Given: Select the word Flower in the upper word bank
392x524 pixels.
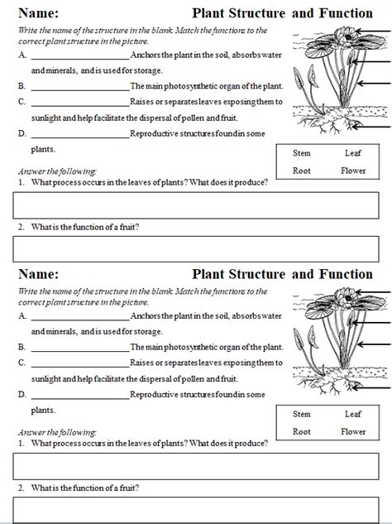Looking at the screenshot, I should click(x=353, y=171).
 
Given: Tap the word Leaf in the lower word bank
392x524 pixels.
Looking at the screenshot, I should click(x=353, y=414).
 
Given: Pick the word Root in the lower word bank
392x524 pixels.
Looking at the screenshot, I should click(x=301, y=431).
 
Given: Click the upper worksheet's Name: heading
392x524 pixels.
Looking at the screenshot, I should click(x=37, y=13).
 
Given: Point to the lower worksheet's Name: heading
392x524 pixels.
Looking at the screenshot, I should click(x=37, y=274).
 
